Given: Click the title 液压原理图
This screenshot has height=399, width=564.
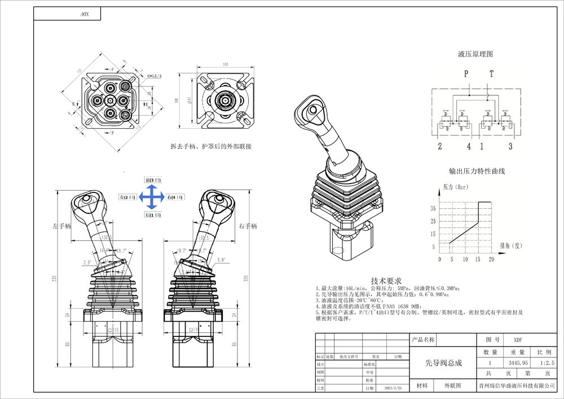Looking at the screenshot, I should pos(475,54).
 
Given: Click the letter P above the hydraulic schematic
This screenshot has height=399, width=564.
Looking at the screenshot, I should pos(466,74).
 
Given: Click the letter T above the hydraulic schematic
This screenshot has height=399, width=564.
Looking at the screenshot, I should pos(491,74).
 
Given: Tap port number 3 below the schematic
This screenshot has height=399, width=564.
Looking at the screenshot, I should pos(510,147).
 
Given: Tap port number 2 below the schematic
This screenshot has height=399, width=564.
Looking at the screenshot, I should pos(439,147).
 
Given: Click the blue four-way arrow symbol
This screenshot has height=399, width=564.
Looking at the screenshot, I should pos(151,198).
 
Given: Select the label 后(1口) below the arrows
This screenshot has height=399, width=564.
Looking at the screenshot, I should pos(153,216).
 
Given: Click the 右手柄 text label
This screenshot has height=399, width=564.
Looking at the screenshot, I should pos(248,226).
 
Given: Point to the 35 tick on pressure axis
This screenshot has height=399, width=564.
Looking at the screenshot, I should pos(433,208).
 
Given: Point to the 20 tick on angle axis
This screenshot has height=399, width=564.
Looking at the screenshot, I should pos(491,260).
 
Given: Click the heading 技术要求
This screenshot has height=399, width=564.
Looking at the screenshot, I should pos(386,280).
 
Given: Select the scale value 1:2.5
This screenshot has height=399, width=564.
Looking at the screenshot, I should pos(547,363).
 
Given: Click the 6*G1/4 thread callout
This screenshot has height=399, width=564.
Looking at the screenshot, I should pos(155,75).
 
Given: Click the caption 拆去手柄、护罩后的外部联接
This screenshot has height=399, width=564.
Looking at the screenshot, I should pos(211,146).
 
